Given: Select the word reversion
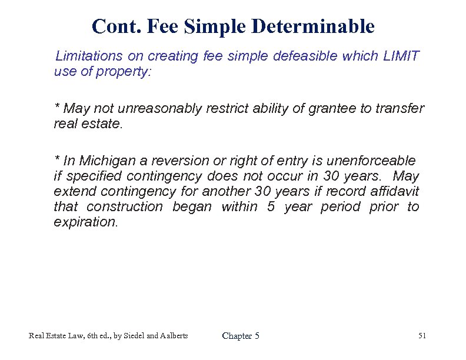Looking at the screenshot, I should point(176,161).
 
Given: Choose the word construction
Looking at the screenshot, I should point(124,206).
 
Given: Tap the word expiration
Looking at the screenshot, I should point(85,222).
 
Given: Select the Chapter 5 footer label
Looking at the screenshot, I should point(241,336).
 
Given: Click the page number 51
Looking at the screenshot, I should point(422,335).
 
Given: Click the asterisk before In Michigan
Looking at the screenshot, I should point(56,159).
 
